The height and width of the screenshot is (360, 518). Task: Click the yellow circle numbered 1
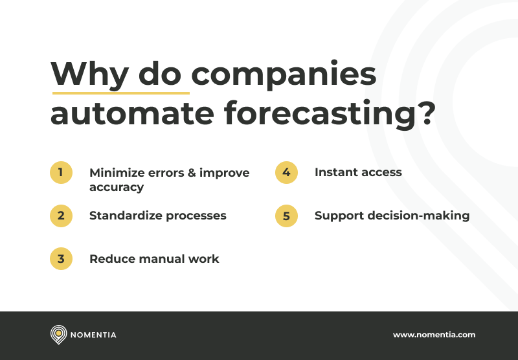61,173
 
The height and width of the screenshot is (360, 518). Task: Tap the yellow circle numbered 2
61,216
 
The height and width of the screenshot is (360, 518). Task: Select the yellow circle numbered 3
61,259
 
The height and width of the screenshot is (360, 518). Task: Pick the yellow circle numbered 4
286,173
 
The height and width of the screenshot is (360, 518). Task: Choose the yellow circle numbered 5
286,216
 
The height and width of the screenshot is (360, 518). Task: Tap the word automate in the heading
132,114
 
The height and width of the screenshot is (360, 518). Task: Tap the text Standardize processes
158,216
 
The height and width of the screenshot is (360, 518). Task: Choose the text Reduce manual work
154,259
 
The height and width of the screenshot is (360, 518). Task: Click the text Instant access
358,172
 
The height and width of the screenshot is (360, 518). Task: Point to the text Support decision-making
392,216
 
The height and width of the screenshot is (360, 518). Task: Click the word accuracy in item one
117,188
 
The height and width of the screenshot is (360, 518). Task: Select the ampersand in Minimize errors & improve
189,173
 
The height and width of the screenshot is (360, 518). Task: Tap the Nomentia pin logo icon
58,335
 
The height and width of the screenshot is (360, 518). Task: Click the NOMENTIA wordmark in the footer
93,335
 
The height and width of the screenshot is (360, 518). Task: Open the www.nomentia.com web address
434,335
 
